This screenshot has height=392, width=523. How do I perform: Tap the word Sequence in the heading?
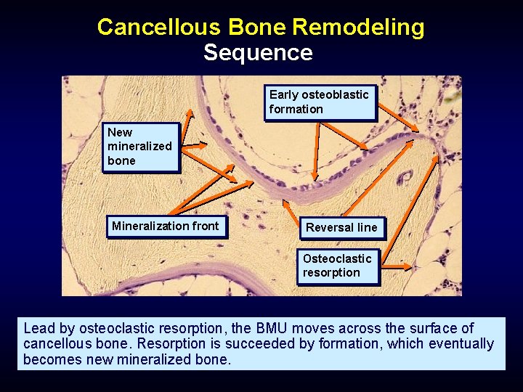point(258,53)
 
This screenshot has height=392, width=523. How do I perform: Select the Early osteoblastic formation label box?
point(320,102)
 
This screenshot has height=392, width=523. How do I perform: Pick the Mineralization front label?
point(165,226)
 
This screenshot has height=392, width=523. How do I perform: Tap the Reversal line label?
point(341,228)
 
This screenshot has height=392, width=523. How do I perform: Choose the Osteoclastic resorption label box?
point(338,266)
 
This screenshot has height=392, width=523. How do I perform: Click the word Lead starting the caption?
point(38,329)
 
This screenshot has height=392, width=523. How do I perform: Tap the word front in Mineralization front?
point(204,226)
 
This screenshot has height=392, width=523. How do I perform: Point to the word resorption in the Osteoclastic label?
point(331,273)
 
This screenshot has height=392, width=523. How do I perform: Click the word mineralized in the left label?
point(139,146)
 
